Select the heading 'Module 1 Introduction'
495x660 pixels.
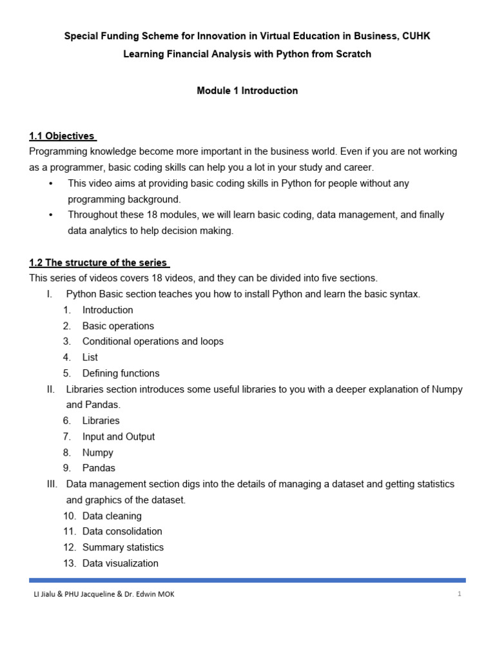click(x=247, y=91)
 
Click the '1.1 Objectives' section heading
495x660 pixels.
click(x=63, y=136)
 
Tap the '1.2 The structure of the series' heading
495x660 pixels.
click(x=99, y=263)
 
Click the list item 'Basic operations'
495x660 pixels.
click(x=118, y=326)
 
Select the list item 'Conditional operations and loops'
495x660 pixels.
click(x=153, y=342)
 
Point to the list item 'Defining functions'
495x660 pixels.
click(x=121, y=373)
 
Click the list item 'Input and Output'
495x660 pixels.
click(x=119, y=436)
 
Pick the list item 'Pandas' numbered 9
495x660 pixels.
click(x=99, y=468)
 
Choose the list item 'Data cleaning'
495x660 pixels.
click(x=112, y=516)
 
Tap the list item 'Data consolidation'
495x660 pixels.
click(x=122, y=531)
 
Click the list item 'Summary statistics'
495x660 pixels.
click(x=122, y=547)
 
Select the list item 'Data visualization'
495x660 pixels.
click(x=120, y=563)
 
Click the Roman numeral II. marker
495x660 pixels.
click(x=51, y=389)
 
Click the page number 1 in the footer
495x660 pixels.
click(x=460, y=594)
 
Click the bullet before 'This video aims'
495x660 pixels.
click(x=51, y=184)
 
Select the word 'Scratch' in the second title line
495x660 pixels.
click(x=353, y=54)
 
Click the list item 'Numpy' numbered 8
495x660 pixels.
click(x=97, y=452)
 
